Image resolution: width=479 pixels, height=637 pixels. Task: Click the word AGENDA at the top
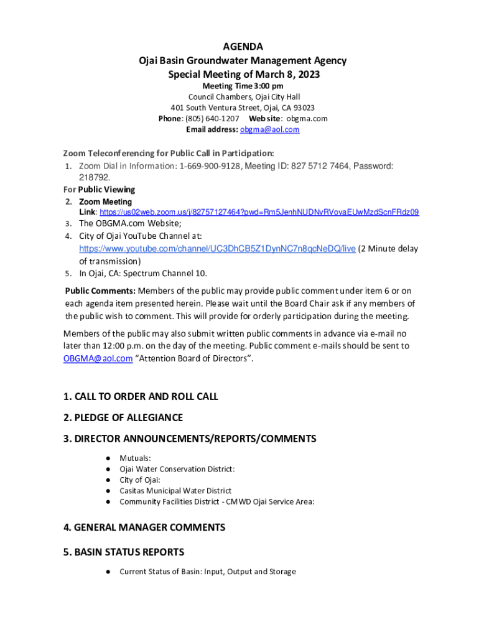pyautogui.click(x=242, y=47)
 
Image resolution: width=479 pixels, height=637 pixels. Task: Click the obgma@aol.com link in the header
pyautogui.click(x=269, y=129)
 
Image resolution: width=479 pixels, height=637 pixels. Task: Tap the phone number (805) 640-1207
pyautogui.click(x=212, y=118)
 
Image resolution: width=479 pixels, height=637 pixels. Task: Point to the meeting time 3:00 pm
pyautogui.click(x=268, y=86)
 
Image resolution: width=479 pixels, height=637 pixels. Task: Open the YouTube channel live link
pyautogui.click(x=217, y=248)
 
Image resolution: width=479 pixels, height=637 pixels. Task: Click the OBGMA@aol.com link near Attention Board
pyautogui.click(x=98, y=359)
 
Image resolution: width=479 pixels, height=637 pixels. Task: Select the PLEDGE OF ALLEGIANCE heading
pyautogui.click(x=123, y=417)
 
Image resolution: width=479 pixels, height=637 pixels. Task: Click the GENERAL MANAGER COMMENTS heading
pyautogui.click(x=144, y=528)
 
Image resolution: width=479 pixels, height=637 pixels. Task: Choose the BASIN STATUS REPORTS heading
pyautogui.click(x=123, y=552)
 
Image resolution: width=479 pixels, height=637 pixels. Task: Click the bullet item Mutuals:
pyautogui.click(x=135, y=458)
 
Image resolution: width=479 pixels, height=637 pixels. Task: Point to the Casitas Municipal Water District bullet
pyautogui.click(x=175, y=491)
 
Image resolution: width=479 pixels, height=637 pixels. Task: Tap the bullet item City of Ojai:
pyautogui.click(x=140, y=480)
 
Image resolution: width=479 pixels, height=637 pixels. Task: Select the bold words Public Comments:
pyautogui.click(x=100, y=291)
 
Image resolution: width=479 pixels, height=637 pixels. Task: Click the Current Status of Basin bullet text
pyautogui.click(x=207, y=572)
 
